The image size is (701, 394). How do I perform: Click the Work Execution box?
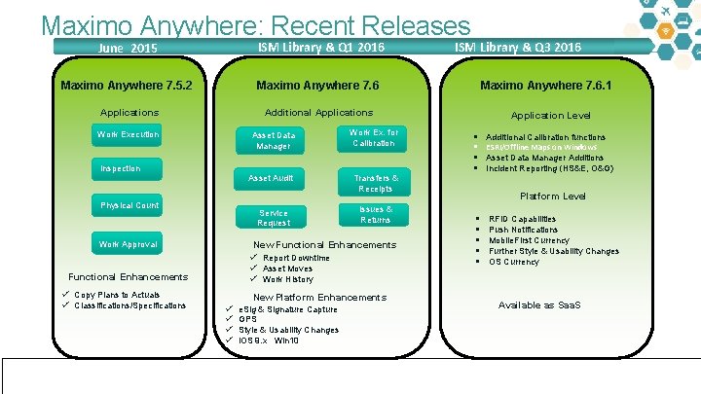[129, 134]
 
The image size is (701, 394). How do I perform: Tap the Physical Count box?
[129, 205]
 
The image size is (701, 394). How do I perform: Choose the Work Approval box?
[129, 244]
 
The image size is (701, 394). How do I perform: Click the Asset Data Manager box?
[273, 140]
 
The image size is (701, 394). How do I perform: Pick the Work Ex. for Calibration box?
[373, 138]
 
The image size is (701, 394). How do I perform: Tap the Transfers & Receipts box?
[375, 183]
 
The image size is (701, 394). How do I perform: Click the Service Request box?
[273, 217]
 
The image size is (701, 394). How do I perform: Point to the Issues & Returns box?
[375, 214]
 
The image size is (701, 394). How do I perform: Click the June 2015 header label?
[129, 48]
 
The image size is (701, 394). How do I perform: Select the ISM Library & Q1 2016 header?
[320, 47]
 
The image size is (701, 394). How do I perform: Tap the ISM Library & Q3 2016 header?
[518, 47]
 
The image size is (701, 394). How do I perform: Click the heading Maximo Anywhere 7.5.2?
[126, 86]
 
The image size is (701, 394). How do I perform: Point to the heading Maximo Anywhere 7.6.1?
[545, 86]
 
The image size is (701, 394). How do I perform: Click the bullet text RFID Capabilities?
[522, 219]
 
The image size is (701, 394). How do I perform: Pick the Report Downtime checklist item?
[296, 258]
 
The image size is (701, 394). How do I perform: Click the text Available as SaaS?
[539, 305]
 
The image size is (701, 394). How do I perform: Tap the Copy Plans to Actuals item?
[117, 295]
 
